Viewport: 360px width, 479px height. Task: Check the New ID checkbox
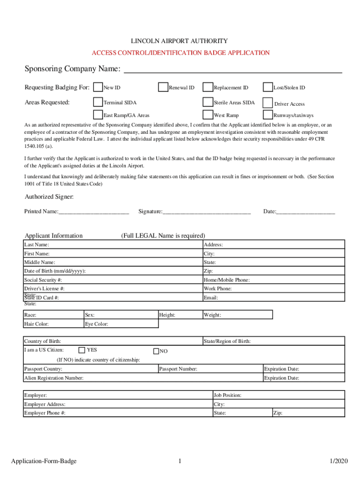(98, 87)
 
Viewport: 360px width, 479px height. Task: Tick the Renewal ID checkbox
(163, 87)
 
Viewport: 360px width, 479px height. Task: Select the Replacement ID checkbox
(207, 87)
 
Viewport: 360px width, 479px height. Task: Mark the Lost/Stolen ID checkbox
(267, 87)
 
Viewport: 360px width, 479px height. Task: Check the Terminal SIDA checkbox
(98, 102)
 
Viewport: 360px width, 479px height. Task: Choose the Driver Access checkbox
(267, 103)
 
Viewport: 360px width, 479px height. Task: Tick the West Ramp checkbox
(207, 115)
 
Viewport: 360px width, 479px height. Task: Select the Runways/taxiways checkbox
(267, 115)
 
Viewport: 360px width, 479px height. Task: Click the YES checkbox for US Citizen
(82, 350)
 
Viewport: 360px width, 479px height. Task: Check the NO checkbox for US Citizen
(157, 351)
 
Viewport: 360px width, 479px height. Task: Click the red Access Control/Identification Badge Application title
(180, 53)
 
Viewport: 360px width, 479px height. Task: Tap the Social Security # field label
(43, 280)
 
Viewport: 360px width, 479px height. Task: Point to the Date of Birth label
(55, 271)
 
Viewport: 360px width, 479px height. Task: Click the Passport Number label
(178, 369)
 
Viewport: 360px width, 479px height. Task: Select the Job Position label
(227, 396)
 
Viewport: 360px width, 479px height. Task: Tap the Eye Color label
(96, 324)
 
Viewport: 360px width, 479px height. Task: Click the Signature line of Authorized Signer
(206, 212)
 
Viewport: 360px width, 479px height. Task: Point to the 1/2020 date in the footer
(339, 462)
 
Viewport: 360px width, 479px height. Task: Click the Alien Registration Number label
(54, 378)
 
